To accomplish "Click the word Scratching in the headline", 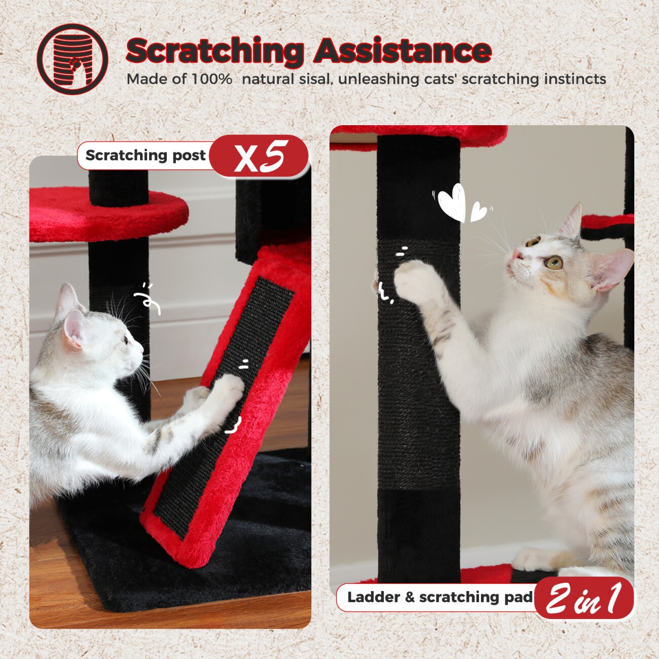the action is pos(215,51).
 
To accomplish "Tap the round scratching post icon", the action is pos(72,59).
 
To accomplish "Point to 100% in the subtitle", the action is pos(211,80).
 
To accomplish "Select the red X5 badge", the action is pos(259,156).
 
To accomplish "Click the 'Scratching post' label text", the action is pos(145,155).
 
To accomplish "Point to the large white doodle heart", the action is pos(453,202).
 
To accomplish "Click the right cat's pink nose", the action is pos(516,254).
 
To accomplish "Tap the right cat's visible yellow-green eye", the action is pos(554,263).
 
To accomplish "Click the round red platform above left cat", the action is pos(109,214).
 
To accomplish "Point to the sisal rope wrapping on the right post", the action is pos(418,363).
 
